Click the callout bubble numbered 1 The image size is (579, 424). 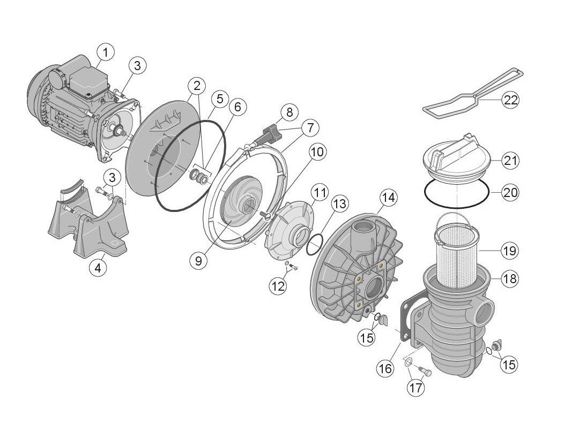106,53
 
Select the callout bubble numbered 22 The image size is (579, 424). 511,100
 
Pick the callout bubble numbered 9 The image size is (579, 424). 199,261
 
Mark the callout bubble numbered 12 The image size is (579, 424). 278,286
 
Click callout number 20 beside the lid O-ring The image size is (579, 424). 510,192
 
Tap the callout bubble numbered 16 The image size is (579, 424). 385,368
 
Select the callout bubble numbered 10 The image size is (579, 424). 317,152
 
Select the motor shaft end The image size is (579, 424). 120,130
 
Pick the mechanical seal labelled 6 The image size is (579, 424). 199,177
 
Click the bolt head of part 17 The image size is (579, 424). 428,373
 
